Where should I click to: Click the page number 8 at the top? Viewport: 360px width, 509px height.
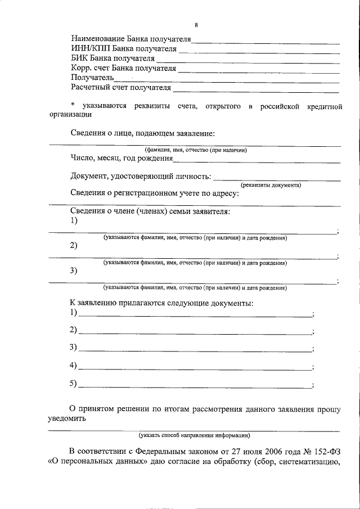pyautogui.click(x=196, y=25)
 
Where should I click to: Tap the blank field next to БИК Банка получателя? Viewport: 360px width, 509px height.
pyautogui.click(x=247, y=60)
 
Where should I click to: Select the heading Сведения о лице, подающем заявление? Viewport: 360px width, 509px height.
pyautogui.click(x=143, y=133)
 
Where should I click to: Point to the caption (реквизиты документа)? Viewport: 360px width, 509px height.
pyautogui.click(x=271, y=186)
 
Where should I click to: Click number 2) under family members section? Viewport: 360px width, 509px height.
pyautogui.click(x=74, y=245)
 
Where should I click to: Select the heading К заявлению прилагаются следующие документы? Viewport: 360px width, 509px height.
pyautogui.click(x=161, y=303)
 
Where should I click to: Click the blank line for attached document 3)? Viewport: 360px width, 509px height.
pyautogui.click(x=195, y=350)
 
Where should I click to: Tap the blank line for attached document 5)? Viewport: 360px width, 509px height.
pyautogui.click(x=195, y=388)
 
